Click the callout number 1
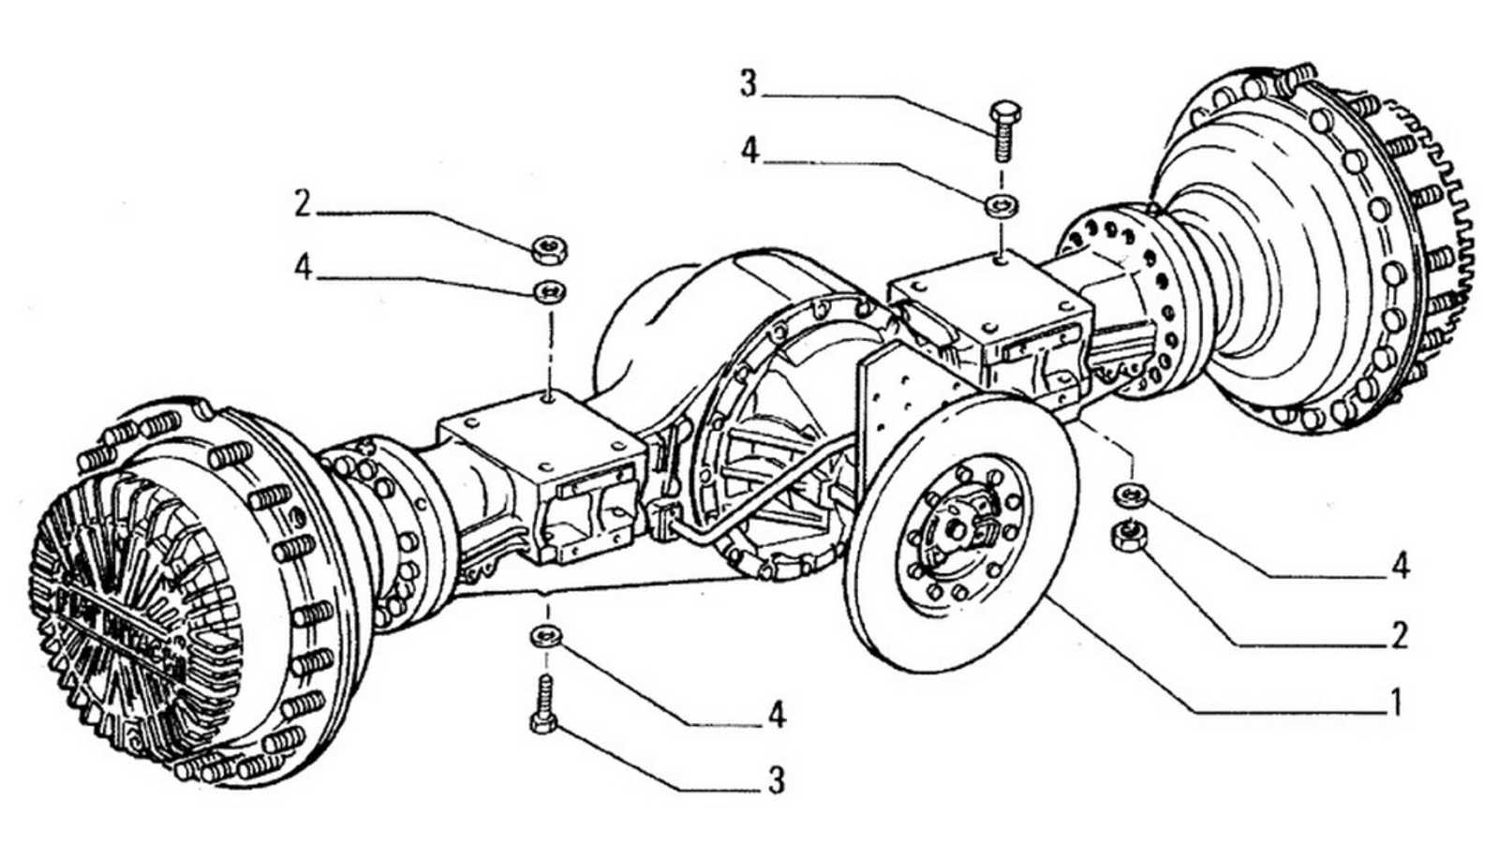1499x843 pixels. pos(1396,701)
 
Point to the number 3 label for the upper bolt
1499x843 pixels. pos(748,83)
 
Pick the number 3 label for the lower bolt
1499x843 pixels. pos(776,780)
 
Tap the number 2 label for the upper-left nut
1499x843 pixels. pos(302,203)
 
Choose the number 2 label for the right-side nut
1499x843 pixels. pos(1399,636)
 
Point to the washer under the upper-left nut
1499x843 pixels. pos(549,291)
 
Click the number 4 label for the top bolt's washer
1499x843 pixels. pos(749,150)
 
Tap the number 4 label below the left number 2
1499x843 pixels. pos(302,267)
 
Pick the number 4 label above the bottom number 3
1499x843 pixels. pos(776,716)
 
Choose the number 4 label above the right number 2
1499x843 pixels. pos(1400,565)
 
